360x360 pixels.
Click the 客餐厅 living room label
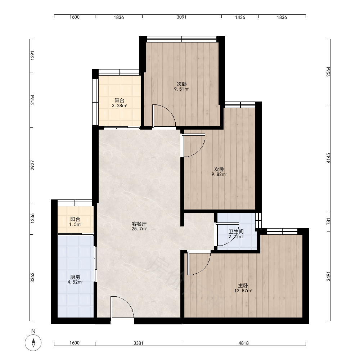139,224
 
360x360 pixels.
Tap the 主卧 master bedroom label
243,285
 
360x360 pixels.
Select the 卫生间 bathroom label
236,231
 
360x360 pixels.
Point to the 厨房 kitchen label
75,277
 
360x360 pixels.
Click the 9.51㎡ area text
181,89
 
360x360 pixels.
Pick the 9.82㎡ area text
219,174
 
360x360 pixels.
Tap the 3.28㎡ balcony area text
120,105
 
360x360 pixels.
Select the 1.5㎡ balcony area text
75,224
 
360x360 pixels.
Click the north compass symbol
33,343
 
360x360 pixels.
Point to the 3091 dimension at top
181,17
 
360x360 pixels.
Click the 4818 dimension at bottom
244,343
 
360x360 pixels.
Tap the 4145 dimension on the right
329,158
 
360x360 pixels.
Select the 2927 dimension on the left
33,165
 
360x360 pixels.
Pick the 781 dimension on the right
329,221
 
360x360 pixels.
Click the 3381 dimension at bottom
139,343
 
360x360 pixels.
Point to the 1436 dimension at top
240,17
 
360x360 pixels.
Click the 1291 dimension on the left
33,55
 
